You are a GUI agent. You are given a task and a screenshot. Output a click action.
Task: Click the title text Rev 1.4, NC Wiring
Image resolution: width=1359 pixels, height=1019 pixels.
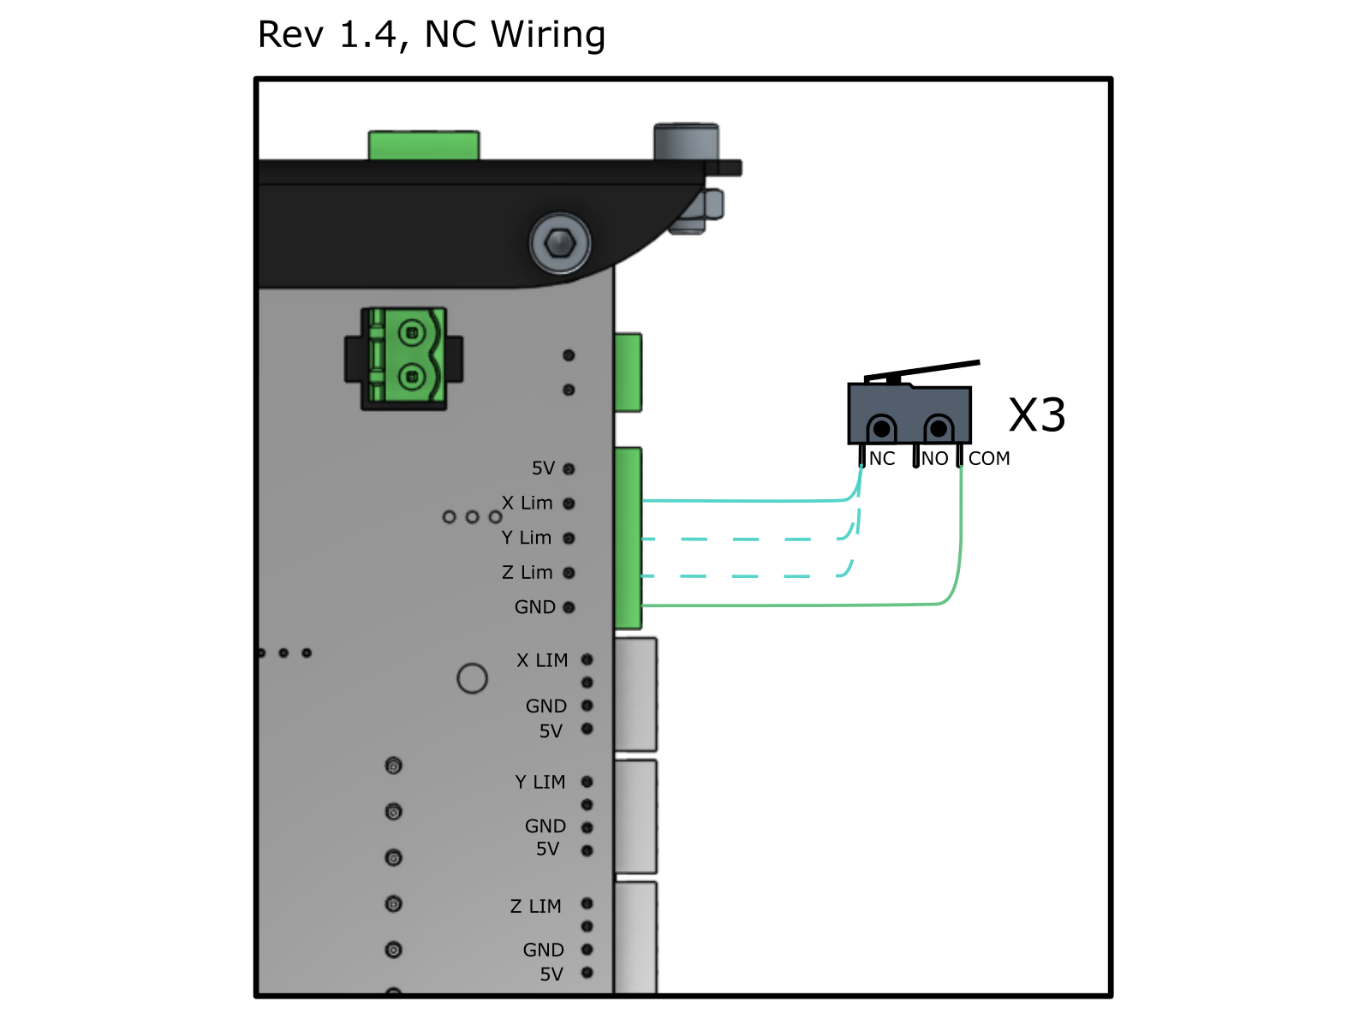(x=432, y=35)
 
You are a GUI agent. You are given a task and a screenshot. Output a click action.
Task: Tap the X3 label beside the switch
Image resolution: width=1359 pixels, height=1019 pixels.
(x=1036, y=415)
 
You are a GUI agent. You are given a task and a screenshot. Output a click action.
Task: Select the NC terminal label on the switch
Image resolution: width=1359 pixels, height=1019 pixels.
(x=881, y=459)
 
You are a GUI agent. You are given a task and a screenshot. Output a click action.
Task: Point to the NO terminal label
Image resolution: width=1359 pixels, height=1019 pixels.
(x=934, y=459)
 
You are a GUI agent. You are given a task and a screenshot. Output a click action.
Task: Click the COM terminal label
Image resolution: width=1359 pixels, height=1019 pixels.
(x=989, y=459)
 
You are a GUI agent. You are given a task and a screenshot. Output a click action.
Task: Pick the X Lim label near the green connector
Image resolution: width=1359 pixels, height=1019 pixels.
(x=527, y=504)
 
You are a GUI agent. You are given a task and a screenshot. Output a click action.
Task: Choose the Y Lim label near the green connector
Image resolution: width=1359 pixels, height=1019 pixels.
(x=526, y=538)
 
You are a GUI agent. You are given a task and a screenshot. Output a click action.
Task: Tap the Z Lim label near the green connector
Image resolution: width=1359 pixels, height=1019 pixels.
(x=527, y=573)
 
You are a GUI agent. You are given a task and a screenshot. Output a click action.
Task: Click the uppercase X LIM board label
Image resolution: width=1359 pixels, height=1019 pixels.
(x=542, y=660)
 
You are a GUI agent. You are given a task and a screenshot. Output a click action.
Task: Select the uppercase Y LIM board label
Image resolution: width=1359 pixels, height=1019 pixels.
(x=540, y=783)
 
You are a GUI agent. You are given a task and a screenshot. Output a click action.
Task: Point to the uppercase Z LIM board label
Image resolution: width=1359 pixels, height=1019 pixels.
(x=536, y=906)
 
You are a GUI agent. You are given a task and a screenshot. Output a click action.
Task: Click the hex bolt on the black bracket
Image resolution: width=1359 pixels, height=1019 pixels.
(x=560, y=243)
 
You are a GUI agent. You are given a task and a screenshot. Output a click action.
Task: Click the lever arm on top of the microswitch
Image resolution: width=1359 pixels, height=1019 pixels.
(x=925, y=371)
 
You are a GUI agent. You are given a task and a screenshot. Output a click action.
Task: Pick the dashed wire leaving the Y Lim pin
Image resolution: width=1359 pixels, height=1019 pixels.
(x=745, y=539)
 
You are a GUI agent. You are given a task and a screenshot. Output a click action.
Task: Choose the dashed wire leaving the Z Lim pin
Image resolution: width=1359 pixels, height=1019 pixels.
(x=745, y=576)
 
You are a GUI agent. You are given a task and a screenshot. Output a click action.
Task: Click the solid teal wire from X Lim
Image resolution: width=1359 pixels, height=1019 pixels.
(x=745, y=501)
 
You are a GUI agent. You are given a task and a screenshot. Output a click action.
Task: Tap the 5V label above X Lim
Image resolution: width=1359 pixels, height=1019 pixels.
(x=543, y=468)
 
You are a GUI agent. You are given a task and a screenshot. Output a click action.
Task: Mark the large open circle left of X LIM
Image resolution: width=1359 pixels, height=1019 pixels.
(x=472, y=678)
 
